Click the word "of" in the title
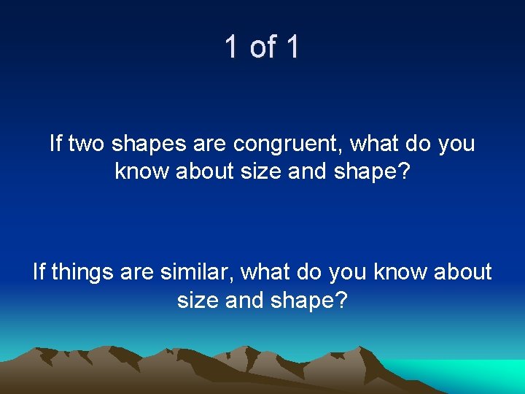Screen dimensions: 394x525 (x=262, y=47)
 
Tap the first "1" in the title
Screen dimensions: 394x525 (x=231, y=47)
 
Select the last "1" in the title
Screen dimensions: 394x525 (x=292, y=47)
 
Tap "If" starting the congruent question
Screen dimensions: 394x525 (x=56, y=143)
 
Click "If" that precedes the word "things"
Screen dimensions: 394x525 (x=39, y=272)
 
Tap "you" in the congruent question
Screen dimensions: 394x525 (x=456, y=144)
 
